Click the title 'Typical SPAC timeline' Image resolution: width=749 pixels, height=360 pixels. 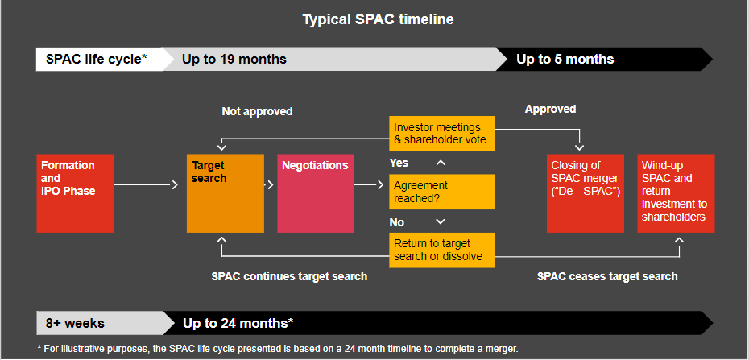click(378, 19)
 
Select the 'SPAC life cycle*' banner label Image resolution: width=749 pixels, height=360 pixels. click(96, 59)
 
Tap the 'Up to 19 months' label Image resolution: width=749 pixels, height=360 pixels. click(234, 59)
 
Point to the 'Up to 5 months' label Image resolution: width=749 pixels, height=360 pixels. click(565, 59)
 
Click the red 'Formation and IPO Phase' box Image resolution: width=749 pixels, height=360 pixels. click(75, 192)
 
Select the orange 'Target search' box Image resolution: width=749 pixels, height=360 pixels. click(225, 192)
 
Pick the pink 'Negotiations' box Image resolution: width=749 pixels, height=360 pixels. click(315, 192)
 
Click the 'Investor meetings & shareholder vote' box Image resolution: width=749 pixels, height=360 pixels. click(442, 134)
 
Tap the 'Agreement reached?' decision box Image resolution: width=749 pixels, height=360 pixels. click(442, 192)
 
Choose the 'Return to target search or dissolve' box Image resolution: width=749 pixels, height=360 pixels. click(442, 250)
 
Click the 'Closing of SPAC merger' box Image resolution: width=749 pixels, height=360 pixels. click(585, 192)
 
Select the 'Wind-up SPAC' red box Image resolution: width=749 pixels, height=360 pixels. click(675, 192)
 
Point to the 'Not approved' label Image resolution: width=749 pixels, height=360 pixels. click(257, 111)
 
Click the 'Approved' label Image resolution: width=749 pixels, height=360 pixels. click(550, 109)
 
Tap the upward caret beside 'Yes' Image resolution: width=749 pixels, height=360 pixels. click(440, 163)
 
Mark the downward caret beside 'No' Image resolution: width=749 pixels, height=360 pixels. click(440, 221)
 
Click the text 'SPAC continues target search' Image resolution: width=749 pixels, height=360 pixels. click(289, 276)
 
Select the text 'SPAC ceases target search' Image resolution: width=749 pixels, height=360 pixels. click(607, 276)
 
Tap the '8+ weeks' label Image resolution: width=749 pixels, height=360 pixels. click(75, 323)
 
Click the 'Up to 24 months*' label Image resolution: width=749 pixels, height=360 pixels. click(238, 323)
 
